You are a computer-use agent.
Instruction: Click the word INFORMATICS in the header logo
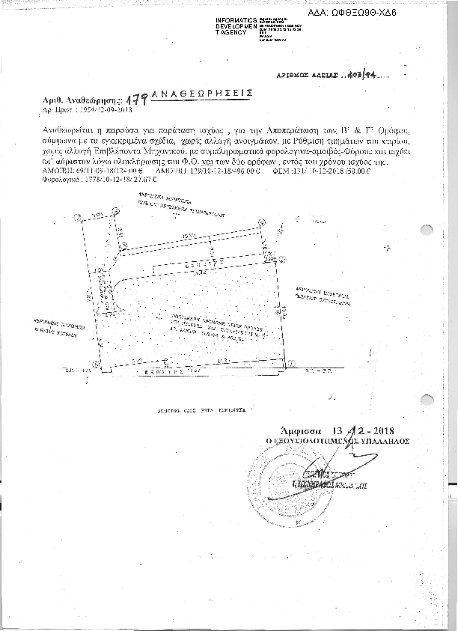[236, 18]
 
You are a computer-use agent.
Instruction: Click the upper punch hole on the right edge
[428, 231]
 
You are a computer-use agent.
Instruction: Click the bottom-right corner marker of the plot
[284, 362]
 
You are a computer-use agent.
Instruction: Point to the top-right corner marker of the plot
[261, 222]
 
